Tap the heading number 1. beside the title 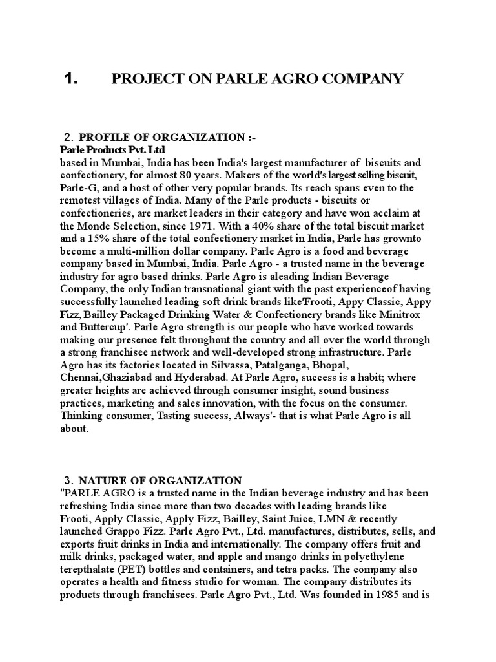point(71,79)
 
